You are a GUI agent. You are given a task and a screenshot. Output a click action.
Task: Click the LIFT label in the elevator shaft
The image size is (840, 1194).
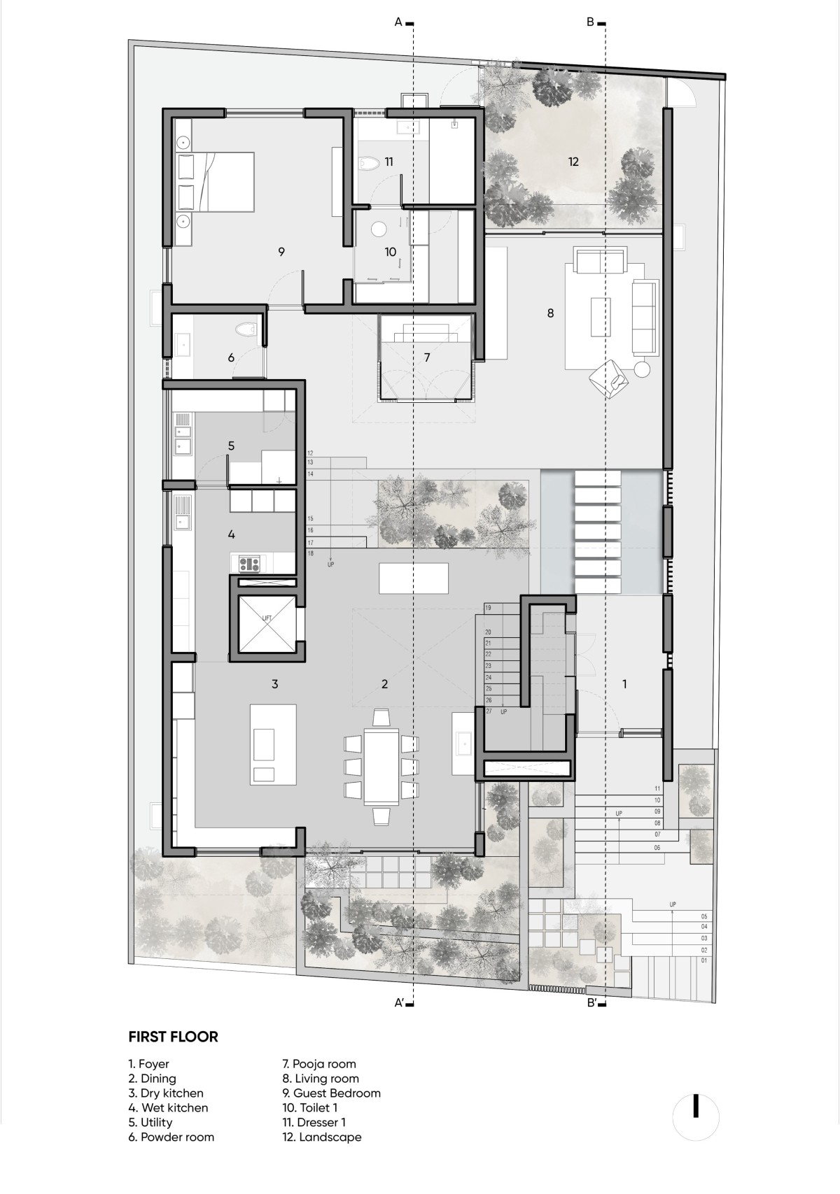pos(267,618)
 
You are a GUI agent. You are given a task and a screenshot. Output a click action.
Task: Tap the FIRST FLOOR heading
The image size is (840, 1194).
pos(174,1036)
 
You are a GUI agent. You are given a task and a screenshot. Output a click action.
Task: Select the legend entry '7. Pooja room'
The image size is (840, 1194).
pos(319,1063)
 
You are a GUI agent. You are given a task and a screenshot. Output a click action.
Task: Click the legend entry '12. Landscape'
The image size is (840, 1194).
pos(321,1137)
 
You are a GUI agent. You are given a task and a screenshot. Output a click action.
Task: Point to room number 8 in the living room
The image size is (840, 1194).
pos(550,313)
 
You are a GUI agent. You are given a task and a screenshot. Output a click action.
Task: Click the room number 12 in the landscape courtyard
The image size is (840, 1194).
pos(573,162)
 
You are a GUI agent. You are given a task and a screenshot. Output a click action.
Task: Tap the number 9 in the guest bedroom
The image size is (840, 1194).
pos(281,252)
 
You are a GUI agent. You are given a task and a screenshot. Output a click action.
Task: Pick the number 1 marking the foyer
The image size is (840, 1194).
pos(624,684)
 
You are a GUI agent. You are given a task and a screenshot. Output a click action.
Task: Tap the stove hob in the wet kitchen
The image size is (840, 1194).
pos(249,563)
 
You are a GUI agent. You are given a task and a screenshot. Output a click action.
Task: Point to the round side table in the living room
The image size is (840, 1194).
pos(642,369)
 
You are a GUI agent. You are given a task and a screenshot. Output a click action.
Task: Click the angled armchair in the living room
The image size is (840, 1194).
pos(610,378)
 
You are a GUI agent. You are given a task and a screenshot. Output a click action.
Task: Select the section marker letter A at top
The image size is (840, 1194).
pos(398,23)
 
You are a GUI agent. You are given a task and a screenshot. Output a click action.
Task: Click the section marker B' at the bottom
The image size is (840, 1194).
pos(591,1002)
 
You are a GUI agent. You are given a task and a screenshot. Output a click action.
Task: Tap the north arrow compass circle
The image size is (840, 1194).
pos(696,1117)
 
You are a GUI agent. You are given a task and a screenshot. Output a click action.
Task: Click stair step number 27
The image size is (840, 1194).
pos(489,711)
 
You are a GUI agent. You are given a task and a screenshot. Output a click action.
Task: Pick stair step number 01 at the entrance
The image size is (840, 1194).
pos(704,960)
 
